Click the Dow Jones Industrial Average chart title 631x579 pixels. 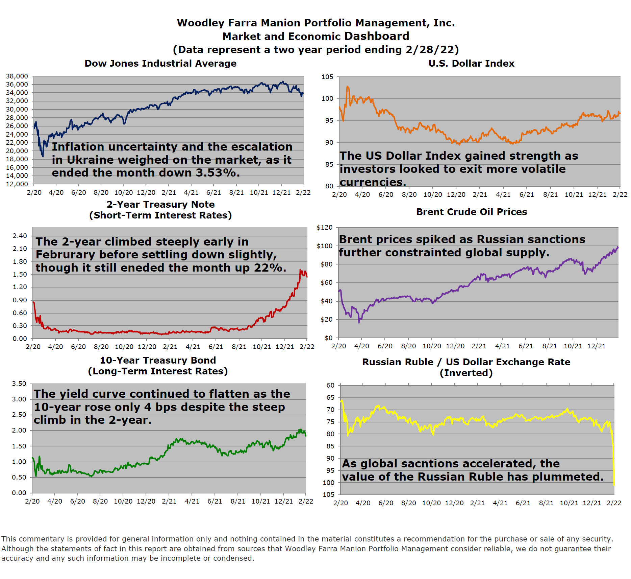[x=160, y=64]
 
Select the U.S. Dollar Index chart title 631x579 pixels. [x=471, y=64]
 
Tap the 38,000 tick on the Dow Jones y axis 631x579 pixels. [x=17, y=76]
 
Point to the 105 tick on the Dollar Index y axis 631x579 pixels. [x=327, y=77]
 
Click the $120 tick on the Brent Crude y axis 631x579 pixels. [x=324, y=228]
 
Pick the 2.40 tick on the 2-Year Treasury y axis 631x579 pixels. [x=20, y=236]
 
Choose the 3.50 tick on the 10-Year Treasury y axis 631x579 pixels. [x=19, y=384]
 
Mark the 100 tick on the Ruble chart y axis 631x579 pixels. [x=328, y=483]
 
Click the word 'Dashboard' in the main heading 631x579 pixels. [x=377, y=36]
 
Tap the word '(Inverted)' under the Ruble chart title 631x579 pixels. [x=466, y=373]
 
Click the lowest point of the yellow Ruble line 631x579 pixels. [x=614, y=485]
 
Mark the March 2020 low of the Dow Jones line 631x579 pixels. [x=43, y=156]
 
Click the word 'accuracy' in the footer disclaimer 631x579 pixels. [x=18, y=558]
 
